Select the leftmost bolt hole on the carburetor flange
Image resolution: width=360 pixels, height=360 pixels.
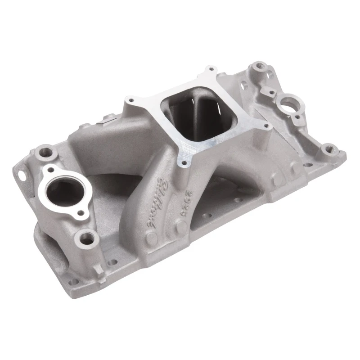tap(131, 100)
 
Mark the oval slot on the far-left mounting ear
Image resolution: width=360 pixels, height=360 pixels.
tap(20, 171)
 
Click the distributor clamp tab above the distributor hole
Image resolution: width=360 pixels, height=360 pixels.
tap(273, 94)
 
